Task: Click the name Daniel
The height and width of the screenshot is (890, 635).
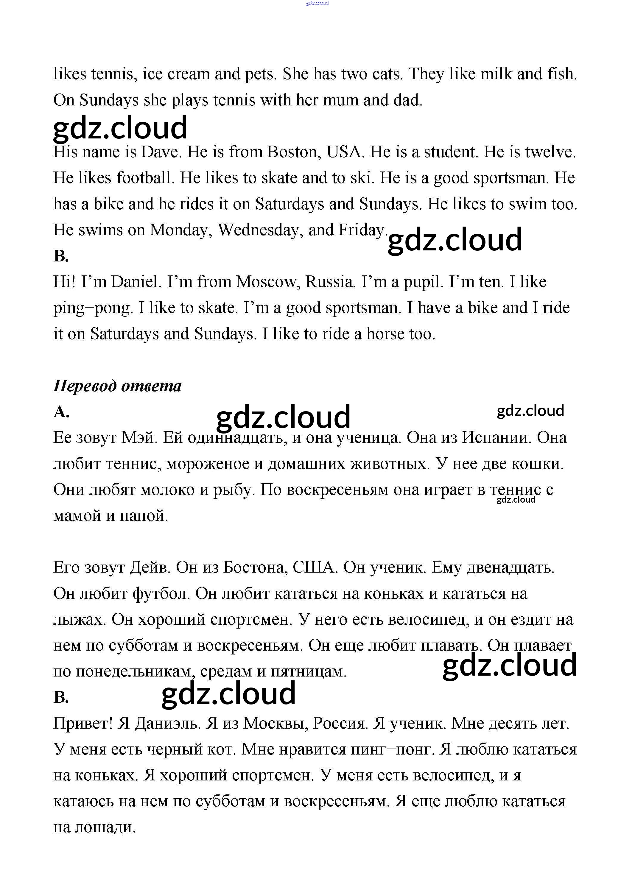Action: [x=136, y=282]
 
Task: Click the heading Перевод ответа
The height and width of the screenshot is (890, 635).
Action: [x=117, y=386]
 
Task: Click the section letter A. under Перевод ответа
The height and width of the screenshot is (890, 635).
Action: [x=61, y=412]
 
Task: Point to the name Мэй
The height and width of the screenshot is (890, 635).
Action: [x=139, y=438]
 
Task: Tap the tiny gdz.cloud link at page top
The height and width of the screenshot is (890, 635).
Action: [x=317, y=3]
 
